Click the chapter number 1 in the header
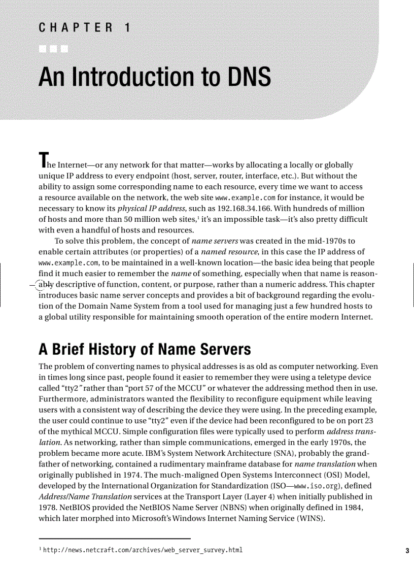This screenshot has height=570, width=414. (x=127, y=28)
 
